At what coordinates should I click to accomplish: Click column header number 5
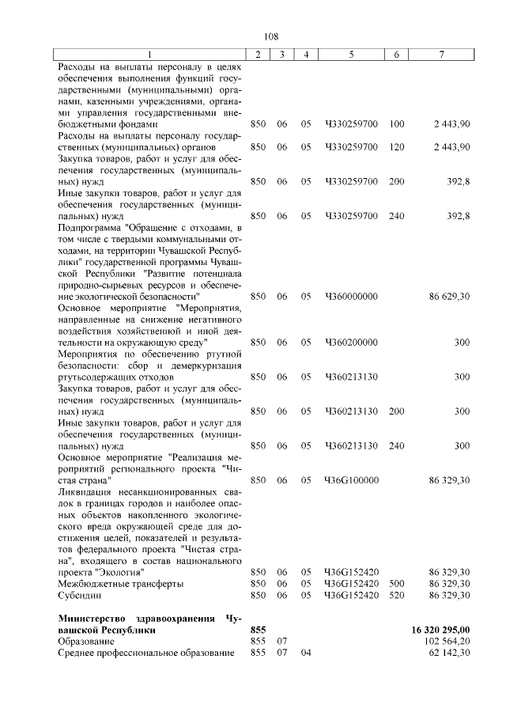[x=350, y=54]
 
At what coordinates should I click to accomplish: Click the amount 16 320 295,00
[x=440, y=629]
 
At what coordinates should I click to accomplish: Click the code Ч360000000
[x=351, y=296]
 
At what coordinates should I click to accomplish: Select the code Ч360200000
[x=351, y=342]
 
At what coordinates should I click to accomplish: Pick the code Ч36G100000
[x=351, y=480]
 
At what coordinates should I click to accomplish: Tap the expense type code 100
[x=397, y=124]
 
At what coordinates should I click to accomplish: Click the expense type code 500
[x=397, y=583]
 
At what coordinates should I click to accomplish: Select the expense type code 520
[x=397, y=594]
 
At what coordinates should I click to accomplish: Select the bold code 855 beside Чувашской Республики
[x=258, y=629]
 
